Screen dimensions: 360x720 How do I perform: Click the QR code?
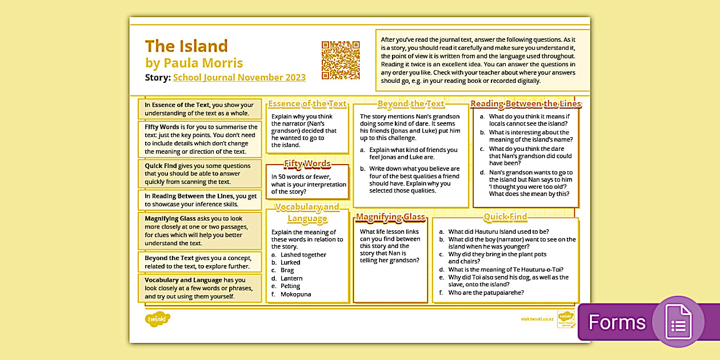click(x=341, y=60)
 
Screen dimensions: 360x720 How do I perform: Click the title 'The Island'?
click(x=186, y=46)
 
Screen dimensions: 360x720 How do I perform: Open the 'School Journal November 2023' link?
click(x=239, y=78)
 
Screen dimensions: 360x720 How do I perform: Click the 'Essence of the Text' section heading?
click(x=307, y=103)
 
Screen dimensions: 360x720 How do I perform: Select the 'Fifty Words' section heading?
click(x=307, y=164)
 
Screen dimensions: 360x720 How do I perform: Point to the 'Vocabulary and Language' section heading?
click(x=307, y=213)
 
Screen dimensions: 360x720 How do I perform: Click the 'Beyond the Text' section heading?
click(x=411, y=103)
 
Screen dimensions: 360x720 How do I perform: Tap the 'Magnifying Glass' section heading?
click(x=390, y=217)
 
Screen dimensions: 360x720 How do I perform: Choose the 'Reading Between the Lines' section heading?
click(x=525, y=103)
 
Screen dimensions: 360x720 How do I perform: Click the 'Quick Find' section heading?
click(x=505, y=217)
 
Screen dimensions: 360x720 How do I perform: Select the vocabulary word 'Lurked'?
click(x=290, y=263)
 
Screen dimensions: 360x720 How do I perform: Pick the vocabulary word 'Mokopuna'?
click(x=295, y=294)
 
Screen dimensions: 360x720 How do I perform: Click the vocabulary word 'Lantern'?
click(x=291, y=278)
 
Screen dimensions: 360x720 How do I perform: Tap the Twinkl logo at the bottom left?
click(x=158, y=319)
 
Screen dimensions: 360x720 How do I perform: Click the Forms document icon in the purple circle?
click(x=678, y=322)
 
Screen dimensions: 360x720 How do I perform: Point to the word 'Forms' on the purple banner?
click(x=617, y=323)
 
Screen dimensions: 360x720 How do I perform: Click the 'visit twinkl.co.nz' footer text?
click(x=537, y=319)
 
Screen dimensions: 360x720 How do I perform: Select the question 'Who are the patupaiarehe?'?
click(x=486, y=293)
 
